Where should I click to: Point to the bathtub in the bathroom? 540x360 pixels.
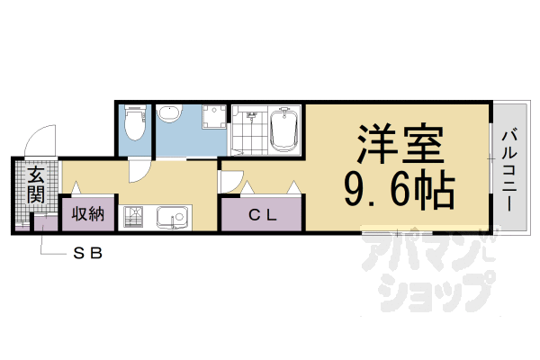click(x=283, y=130)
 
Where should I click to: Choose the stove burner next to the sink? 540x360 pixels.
click(x=136, y=216)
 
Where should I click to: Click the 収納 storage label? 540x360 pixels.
click(x=88, y=214)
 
